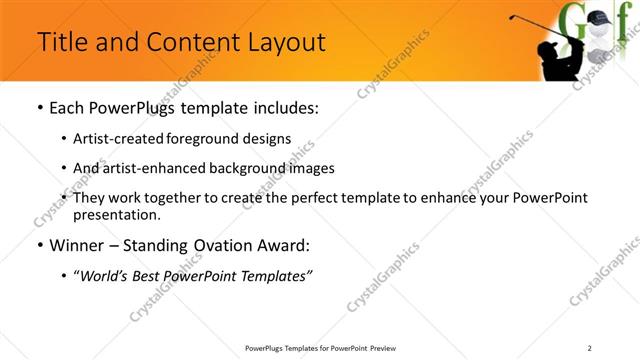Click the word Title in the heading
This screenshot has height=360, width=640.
tap(62, 42)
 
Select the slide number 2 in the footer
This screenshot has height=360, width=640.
tap(603, 347)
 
